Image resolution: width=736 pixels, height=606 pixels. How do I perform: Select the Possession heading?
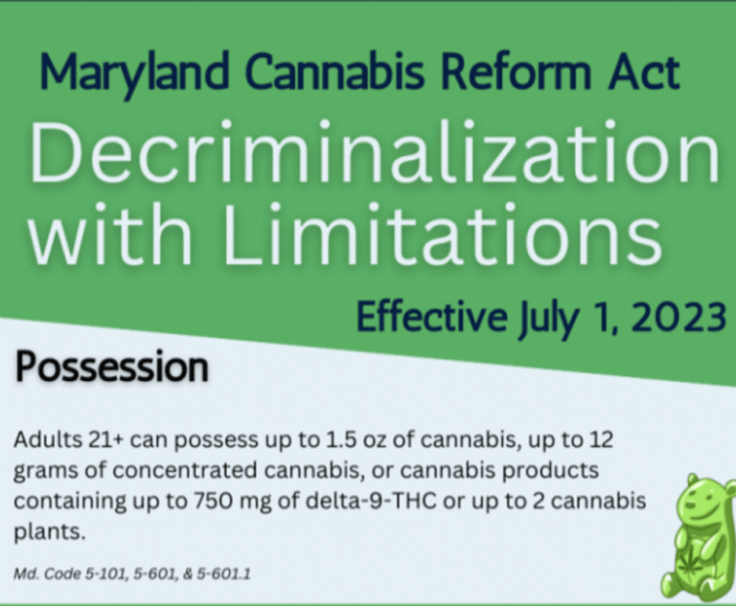point(112,368)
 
